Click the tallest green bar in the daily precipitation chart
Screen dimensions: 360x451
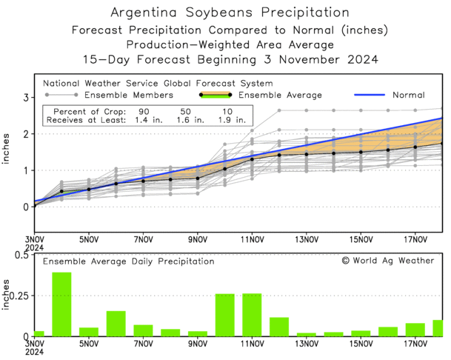(x=61, y=304)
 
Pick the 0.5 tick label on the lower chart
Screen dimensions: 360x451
(x=19, y=255)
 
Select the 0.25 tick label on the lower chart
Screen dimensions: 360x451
(x=17, y=296)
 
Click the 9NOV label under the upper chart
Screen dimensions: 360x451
(x=198, y=239)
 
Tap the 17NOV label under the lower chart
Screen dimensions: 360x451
(x=415, y=344)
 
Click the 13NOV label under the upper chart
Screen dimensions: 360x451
(x=307, y=239)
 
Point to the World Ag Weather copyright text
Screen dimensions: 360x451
(x=387, y=261)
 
